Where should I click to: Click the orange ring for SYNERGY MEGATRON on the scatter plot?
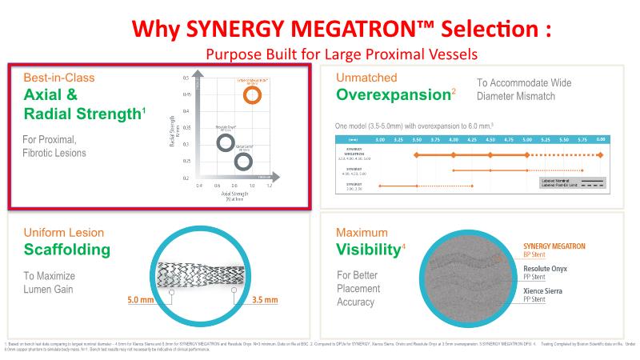pos(253,96)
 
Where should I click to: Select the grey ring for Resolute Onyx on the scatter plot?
pos(226,143)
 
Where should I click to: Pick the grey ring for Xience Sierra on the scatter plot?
pos(243,162)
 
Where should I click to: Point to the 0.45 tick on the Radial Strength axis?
pos(186,94)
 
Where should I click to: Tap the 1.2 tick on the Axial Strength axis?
pos(269,186)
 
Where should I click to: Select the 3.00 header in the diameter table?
pos(380,138)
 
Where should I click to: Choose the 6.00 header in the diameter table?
pos(601,138)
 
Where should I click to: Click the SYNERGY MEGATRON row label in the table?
pos(354,152)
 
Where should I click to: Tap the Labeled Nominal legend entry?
pos(559,181)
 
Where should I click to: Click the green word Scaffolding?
pos(67,250)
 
